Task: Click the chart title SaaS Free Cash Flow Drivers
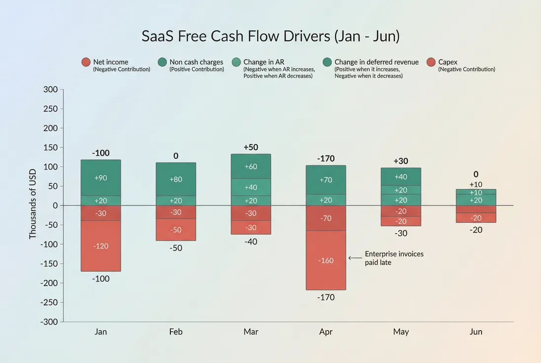tap(270, 37)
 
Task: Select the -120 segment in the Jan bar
tap(101, 246)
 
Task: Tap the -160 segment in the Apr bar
tap(326, 260)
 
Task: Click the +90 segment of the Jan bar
tap(101, 178)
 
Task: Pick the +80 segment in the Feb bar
tap(176, 179)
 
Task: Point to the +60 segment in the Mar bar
tap(251, 166)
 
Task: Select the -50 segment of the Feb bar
tap(176, 230)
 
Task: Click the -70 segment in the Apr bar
tap(326, 218)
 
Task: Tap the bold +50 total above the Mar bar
tap(251, 147)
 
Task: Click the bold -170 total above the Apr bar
tap(326, 159)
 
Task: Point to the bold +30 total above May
tap(401, 161)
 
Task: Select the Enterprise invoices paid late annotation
tap(394, 258)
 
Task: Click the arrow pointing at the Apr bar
tap(355, 258)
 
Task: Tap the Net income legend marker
tap(86, 62)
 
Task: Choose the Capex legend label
tap(448, 62)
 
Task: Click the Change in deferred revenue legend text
tap(376, 62)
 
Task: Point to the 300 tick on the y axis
tap(51, 89)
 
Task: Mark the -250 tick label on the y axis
tap(49, 302)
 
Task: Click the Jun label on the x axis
tap(476, 331)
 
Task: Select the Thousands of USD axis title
tap(33, 205)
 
